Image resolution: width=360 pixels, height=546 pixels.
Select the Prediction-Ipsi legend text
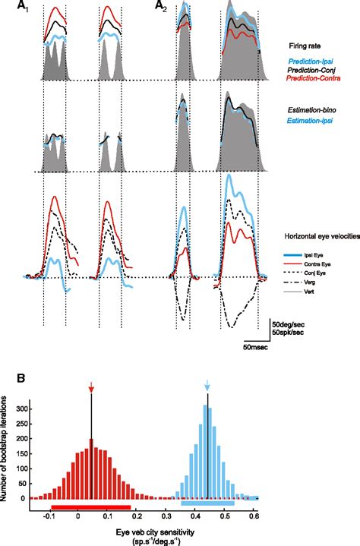(311, 61)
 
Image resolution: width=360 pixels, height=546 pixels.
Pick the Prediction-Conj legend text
(312, 71)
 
